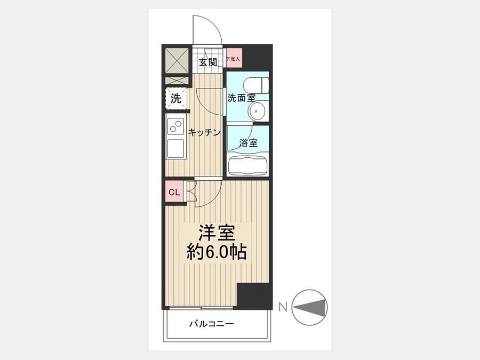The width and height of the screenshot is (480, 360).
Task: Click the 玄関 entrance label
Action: click(x=208, y=62)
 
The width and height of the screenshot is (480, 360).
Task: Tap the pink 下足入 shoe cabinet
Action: click(x=234, y=58)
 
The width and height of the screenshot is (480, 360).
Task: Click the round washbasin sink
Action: click(x=258, y=111)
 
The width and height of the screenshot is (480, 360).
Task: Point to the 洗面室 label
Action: click(x=241, y=98)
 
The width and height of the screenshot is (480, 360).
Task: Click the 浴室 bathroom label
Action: click(x=248, y=142)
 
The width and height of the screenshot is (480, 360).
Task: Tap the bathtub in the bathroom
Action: click(x=247, y=166)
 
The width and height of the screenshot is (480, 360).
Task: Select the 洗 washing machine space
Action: click(x=176, y=98)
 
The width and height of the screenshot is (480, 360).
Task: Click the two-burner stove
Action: click(x=175, y=126)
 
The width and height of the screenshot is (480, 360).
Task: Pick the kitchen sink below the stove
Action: click(x=175, y=148)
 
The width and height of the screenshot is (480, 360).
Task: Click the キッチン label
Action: click(x=204, y=132)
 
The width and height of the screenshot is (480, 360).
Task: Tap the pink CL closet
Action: click(x=174, y=191)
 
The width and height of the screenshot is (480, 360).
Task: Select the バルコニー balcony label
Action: click(x=212, y=324)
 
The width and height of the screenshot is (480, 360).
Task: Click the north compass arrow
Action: click(x=309, y=307)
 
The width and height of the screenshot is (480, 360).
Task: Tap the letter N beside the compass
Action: click(x=283, y=307)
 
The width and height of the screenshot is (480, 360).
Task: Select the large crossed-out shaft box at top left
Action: click(x=177, y=60)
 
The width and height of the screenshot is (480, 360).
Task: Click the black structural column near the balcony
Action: click(x=255, y=297)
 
